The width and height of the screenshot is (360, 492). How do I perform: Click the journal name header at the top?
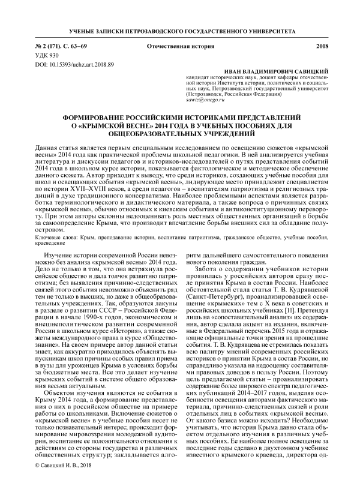coord(180,29)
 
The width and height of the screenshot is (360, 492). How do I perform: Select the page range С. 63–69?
coord(75,46)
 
